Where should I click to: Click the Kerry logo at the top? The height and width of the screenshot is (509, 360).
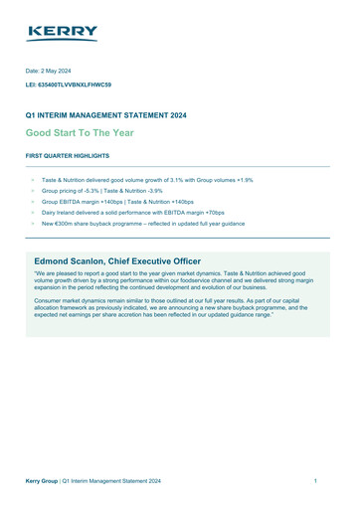click(63, 34)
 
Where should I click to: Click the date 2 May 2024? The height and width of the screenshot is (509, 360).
click(71, 72)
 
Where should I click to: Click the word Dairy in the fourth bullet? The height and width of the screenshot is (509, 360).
click(50, 213)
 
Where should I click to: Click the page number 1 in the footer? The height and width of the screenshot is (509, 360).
click(314, 481)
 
